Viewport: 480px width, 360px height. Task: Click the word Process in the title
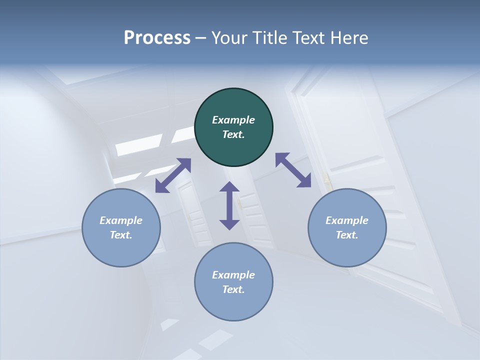coord(157,38)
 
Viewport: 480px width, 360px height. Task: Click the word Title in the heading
coord(270,38)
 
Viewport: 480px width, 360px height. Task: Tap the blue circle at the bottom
coord(233,305)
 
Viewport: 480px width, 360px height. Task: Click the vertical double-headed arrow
coord(229,205)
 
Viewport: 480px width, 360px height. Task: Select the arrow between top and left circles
coord(173,175)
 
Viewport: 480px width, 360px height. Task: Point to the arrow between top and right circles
coord(293,170)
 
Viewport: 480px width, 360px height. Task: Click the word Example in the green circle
coord(233,120)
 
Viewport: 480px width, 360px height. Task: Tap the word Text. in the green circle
coord(233,134)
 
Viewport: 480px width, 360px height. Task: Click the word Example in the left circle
coord(121,220)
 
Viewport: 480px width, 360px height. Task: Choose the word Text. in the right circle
coord(347,235)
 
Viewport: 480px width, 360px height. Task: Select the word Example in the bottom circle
coord(233,275)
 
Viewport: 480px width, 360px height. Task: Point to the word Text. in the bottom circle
coord(233,289)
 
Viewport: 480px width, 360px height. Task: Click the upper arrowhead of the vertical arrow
coord(229,187)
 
